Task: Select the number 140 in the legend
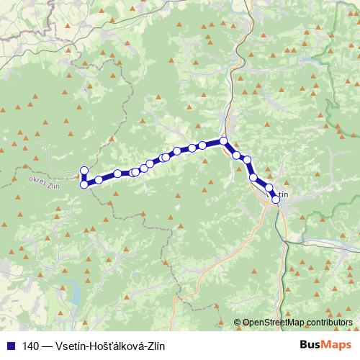coord(30,345)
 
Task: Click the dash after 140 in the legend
coord(47,345)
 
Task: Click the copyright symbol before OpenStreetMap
coord(238,323)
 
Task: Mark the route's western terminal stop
coord(84,171)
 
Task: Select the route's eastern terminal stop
coord(275,200)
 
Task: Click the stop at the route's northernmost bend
coord(224,141)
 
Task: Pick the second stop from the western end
coord(84,185)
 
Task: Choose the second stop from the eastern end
coord(270,189)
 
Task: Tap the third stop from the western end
coord(99,180)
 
